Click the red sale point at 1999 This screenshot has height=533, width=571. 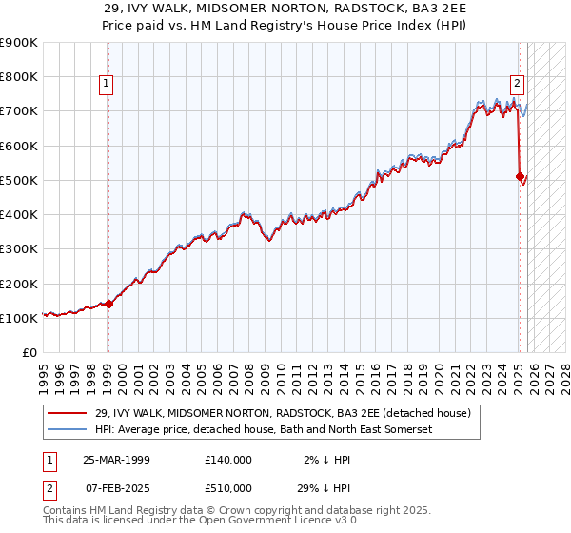108,305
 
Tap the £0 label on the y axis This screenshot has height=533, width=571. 29,352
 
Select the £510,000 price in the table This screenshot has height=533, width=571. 228,488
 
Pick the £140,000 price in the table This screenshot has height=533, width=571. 228,460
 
